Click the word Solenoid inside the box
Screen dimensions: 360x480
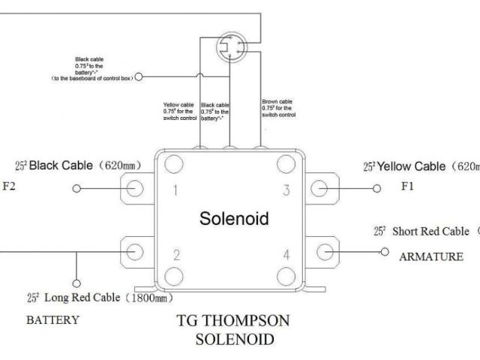[233, 219]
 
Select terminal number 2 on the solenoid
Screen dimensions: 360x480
[176, 255]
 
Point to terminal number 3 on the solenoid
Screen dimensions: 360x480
[286, 190]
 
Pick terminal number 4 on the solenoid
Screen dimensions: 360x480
[286, 255]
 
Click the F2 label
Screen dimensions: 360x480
[9, 187]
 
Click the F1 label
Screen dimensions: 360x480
[406, 187]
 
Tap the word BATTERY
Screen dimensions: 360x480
[52, 320]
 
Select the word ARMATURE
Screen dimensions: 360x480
[430, 257]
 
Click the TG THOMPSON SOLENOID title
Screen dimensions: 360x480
[233, 330]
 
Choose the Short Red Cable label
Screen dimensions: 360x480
[424, 232]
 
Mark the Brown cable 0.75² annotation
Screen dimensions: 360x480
[277, 109]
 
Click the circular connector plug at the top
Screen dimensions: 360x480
[229, 49]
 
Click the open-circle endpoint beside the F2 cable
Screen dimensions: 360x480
[76, 189]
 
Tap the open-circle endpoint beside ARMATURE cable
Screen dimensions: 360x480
[384, 250]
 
